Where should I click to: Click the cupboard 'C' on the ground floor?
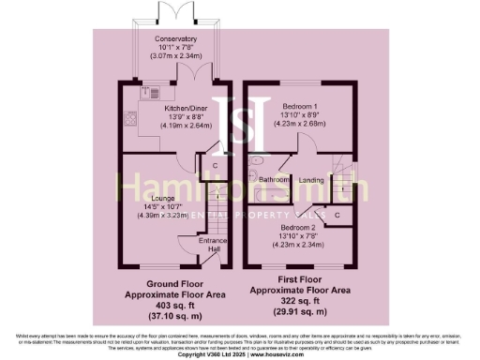215,166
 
